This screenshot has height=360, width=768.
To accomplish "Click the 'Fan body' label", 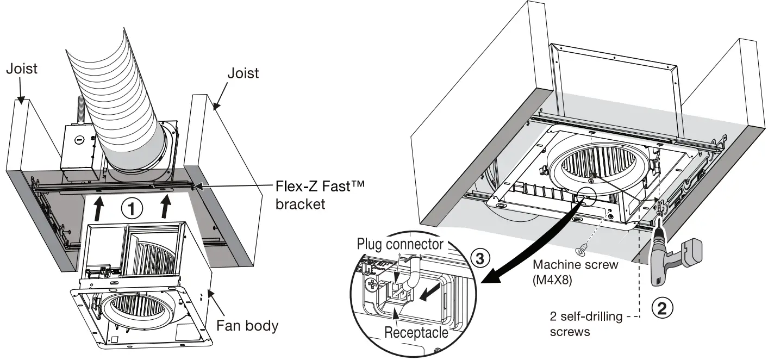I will click(x=247, y=326).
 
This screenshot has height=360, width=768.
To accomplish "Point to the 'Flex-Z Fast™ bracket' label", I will click(x=319, y=195).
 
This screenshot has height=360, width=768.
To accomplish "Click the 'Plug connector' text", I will click(x=399, y=244).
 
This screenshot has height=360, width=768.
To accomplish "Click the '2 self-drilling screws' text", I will click(x=577, y=324).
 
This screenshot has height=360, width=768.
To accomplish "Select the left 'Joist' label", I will click(x=22, y=69).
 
